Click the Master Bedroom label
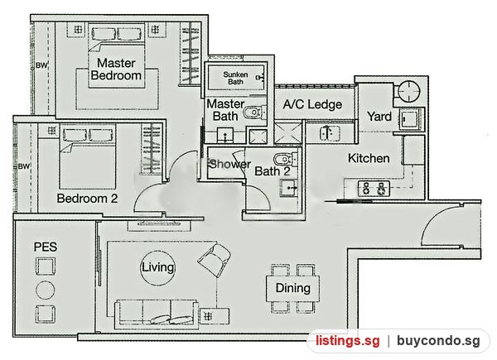point(116,69)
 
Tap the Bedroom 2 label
point(87,199)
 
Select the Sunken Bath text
point(235,78)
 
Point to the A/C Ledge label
point(312,104)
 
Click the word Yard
point(379,116)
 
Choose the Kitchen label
point(369,158)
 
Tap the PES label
point(46,247)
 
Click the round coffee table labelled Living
point(157,268)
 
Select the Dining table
point(292,288)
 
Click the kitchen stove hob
point(374,189)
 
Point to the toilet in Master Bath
point(254,113)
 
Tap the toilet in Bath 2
point(286,160)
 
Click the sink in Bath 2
point(289,188)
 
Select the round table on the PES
point(45,290)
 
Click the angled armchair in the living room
point(214,260)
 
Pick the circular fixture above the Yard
point(409,91)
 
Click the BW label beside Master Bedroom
point(41,65)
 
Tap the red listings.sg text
point(348,341)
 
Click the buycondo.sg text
point(438,341)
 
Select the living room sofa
point(157,314)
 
